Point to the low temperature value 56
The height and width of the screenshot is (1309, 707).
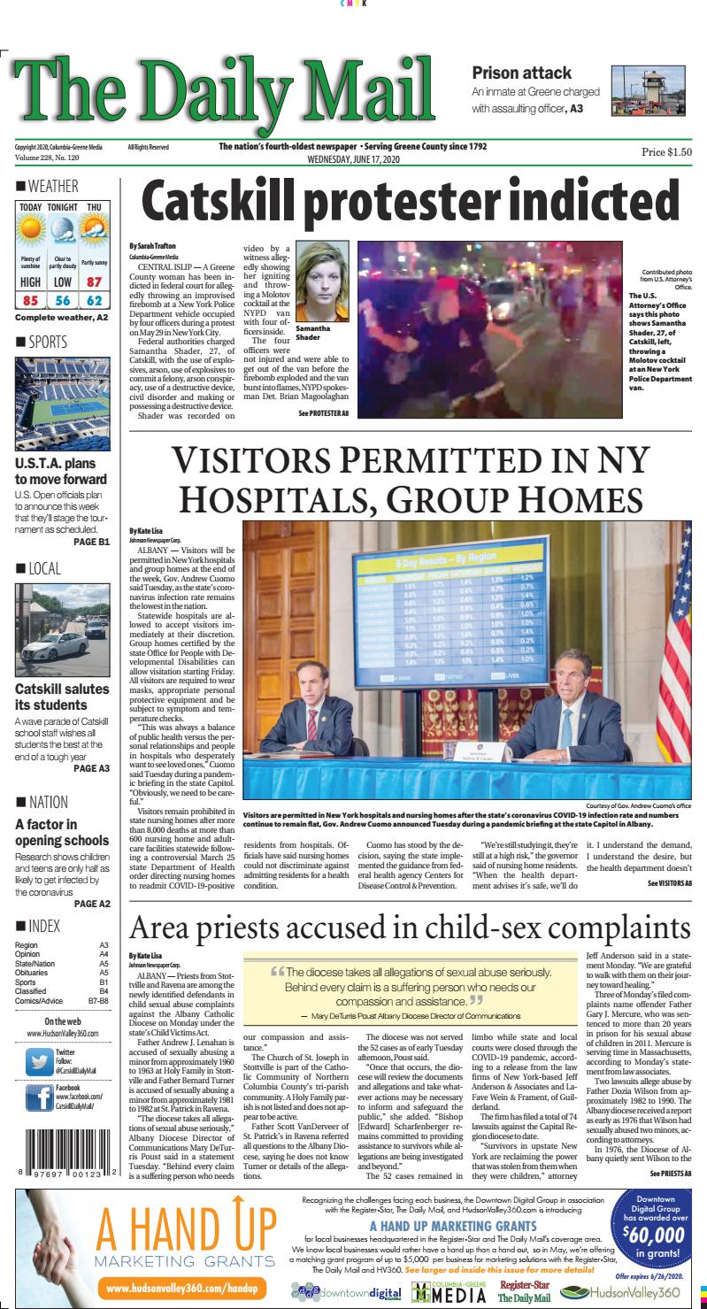click(x=63, y=302)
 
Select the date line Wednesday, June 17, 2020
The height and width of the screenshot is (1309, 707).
click(x=353, y=159)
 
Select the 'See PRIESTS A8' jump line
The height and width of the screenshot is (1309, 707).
click(x=671, y=1174)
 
